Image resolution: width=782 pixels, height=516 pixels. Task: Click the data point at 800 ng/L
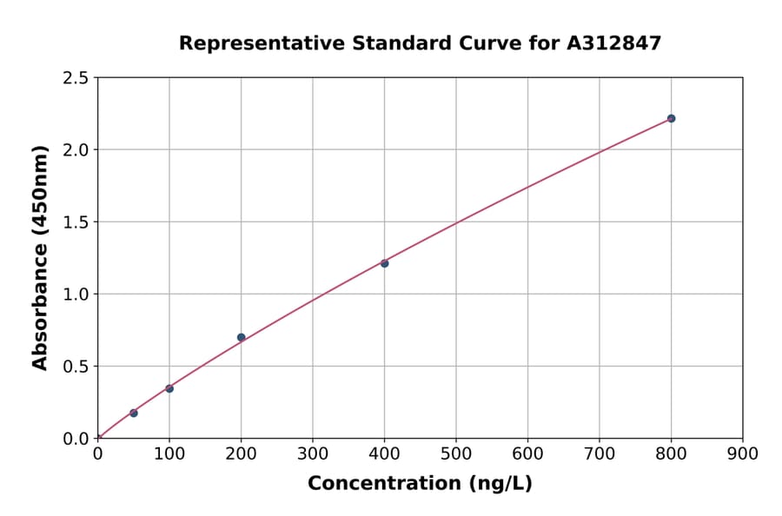coord(671,118)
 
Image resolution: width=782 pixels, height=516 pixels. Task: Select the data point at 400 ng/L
coord(384,263)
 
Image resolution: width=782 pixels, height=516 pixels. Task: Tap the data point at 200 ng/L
coord(241,337)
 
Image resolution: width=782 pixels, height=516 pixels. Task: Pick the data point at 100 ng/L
coord(169,388)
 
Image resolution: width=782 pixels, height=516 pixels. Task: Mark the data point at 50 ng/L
coord(133,413)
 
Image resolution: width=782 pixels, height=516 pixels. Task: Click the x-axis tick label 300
coord(313,453)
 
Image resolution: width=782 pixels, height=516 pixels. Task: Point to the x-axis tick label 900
coord(743,453)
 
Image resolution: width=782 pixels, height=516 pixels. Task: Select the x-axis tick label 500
coord(456,453)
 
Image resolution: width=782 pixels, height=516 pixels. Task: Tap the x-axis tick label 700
coord(600,453)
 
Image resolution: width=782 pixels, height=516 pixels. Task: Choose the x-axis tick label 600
coord(527,453)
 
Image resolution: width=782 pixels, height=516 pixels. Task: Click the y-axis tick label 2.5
coord(76,78)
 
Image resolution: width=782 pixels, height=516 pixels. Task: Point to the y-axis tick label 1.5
coord(76,222)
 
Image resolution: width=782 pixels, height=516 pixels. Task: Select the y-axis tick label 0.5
coord(76,367)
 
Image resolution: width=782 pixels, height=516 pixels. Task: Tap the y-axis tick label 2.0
coord(76,150)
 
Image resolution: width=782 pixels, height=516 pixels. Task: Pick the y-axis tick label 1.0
coord(76,294)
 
